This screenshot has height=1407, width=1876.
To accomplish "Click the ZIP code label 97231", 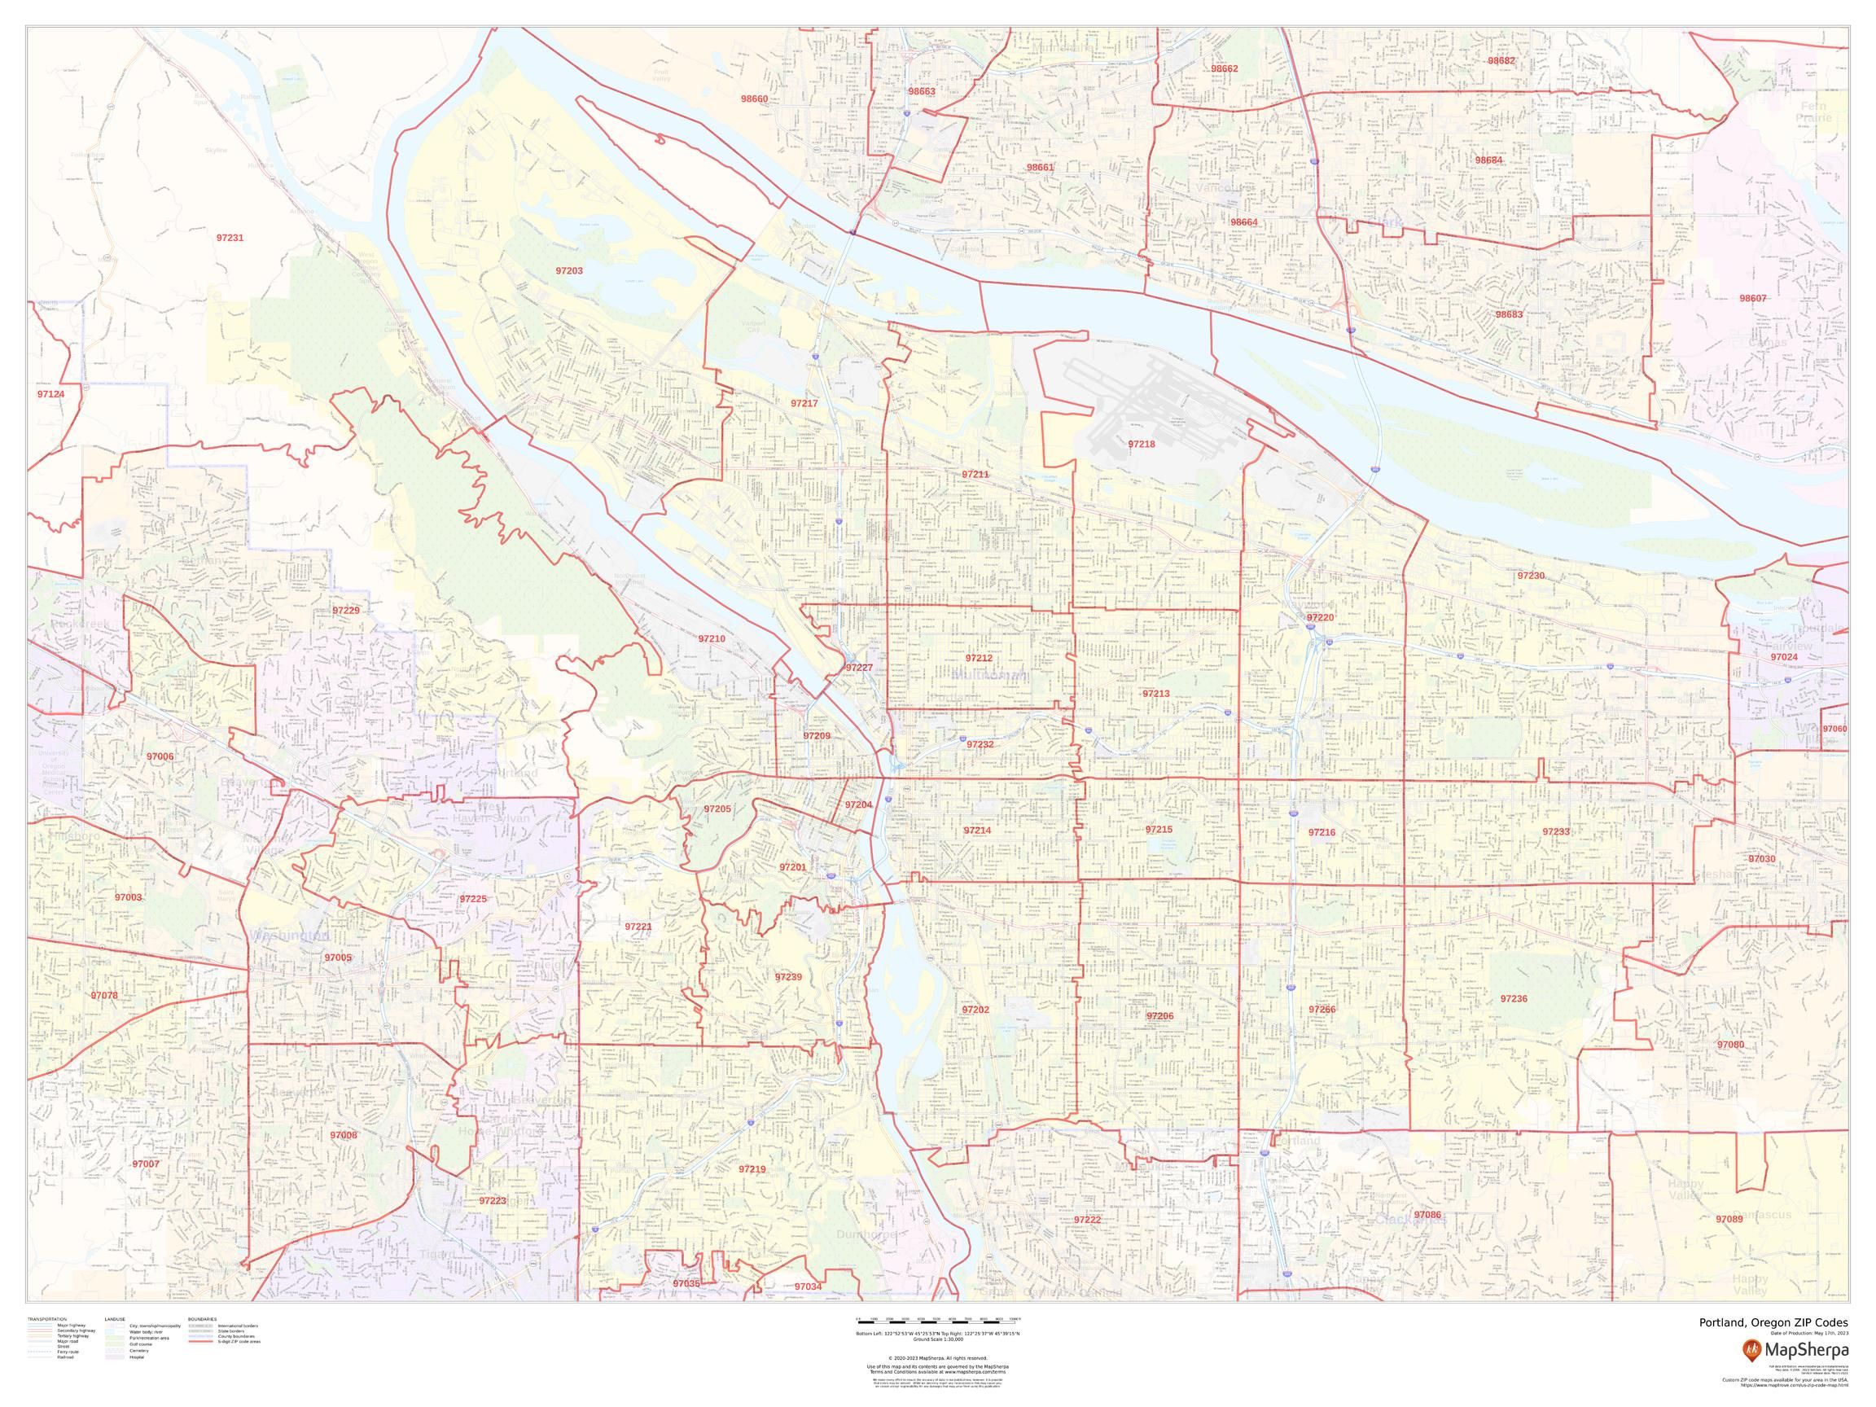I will click(x=230, y=238).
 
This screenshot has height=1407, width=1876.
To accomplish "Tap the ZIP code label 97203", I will click(x=569, y=270).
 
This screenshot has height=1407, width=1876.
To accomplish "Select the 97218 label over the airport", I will click(x=1142, y=444).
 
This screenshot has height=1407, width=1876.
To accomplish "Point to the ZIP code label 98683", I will click(x=1509, y=314).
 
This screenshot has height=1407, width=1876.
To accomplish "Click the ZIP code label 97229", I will click(x=346, y=611).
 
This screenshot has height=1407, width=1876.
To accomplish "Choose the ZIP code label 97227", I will click(x=859, y=668).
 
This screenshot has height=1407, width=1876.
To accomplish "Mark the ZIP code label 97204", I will click(x=858, y=804).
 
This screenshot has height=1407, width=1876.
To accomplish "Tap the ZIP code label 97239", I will click(x=788, y=977).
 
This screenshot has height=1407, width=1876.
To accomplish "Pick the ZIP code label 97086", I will click(x=1427, y=1216).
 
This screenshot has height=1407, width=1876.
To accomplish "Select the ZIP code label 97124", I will click(x=50, y=394).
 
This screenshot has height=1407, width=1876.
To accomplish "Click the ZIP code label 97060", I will click(x=1834, y=730).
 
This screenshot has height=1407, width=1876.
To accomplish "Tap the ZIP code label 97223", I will click(x=492, y=1201).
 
